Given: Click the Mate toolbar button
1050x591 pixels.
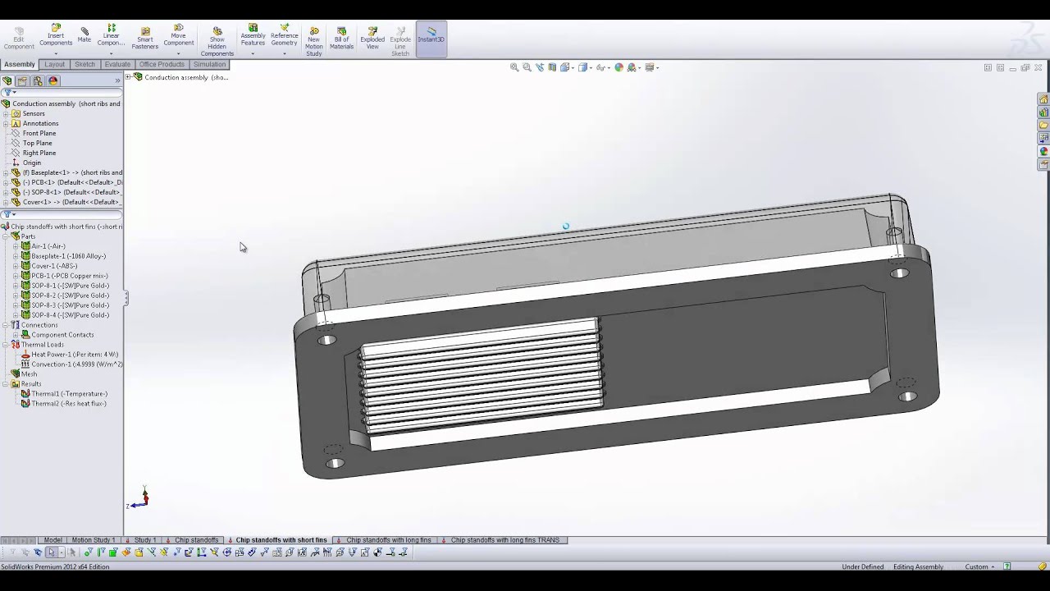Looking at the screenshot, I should click(84, 35).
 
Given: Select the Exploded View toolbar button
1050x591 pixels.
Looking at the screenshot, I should click(372, 39).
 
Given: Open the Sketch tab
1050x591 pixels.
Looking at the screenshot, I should click(84, 64).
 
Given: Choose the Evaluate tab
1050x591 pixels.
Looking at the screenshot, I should click(117, 64).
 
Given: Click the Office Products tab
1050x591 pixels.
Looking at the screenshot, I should click(162, 64).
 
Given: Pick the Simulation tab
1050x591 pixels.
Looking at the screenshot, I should click(209, 64).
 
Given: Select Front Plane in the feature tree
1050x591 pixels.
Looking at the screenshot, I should click(39, 133).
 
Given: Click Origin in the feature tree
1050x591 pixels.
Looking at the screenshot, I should click(32, 163).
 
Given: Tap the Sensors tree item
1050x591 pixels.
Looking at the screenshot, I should click(34, 113).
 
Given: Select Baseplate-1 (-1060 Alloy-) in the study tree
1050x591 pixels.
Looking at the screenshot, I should click(68, 256).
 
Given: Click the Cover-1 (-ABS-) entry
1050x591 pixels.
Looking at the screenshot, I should click(54, 266).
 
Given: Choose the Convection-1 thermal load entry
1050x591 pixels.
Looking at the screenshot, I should click(77, 364).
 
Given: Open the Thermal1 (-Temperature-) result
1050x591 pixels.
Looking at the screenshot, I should click(69, 394).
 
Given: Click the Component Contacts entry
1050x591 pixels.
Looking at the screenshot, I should click(62, 335).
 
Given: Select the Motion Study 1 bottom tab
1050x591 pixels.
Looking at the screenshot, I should click(93, 540).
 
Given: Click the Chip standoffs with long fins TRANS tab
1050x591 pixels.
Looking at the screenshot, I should click(504, 540).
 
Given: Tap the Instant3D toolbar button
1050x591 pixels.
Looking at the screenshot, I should click(431, 39).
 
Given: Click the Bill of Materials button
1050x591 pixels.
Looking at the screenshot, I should click(341, 39).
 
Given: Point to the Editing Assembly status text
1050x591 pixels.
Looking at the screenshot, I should click(918, 567).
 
